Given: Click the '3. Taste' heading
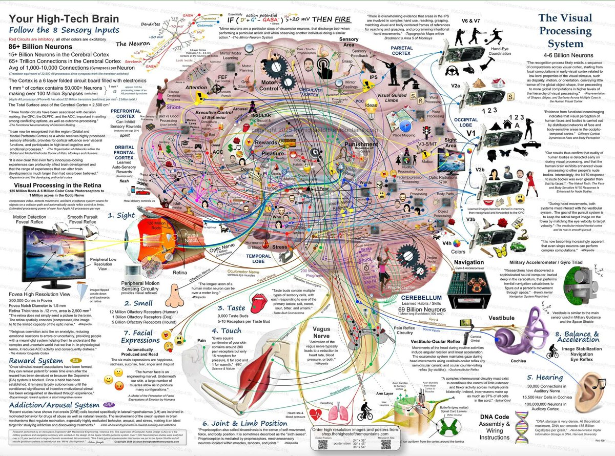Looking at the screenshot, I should (232, 308).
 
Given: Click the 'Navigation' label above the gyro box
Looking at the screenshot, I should (469, 262).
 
